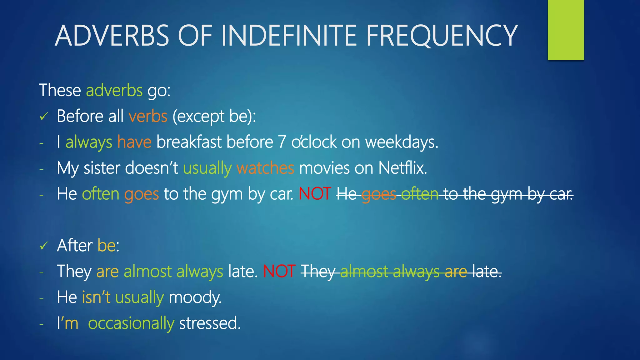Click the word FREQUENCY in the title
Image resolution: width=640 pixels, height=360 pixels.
pyautogui.click(x=442, y=36)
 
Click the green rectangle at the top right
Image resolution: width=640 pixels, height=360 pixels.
pyautogui.click(x=566, y=30)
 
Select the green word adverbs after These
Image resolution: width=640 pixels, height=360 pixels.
pyautogui.click(x=114, y=91)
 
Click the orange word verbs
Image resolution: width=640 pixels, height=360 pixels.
pyautogui.click(x=148, y=117)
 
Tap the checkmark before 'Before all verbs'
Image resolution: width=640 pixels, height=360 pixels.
pyautogui.click(x=44, y=117)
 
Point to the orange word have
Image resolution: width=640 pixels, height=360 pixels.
pyautogui.click(x=134, y=142)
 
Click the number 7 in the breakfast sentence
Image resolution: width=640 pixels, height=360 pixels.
pyautogui.click(x=282, y=142)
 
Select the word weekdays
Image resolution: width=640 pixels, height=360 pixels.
pyautogui.click(x=402, y=142)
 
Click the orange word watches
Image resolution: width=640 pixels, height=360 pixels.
pyautogui.click(x=265, y=168)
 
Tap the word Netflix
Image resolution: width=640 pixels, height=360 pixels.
pyautogui.click(x=402, y=168)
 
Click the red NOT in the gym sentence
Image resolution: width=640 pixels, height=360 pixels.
pyautogui.click(x=315, y=194)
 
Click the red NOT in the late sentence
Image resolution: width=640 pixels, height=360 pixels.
pyautogui.click(x=279, y=271)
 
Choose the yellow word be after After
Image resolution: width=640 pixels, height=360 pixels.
pyautogui.click(x=107, y=246)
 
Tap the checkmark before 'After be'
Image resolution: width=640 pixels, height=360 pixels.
pyautogui.click(x=44, y=246)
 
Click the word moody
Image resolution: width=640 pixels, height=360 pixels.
pyautogui.click(x=195, y=297)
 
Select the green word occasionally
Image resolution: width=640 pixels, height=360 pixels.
pyautogui.click(x=131, y=323)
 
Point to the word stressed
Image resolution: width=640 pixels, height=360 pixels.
pyautogui.click(x=210, y=323)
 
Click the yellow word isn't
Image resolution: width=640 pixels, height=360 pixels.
pyautogui.click(x=96, y=297)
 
